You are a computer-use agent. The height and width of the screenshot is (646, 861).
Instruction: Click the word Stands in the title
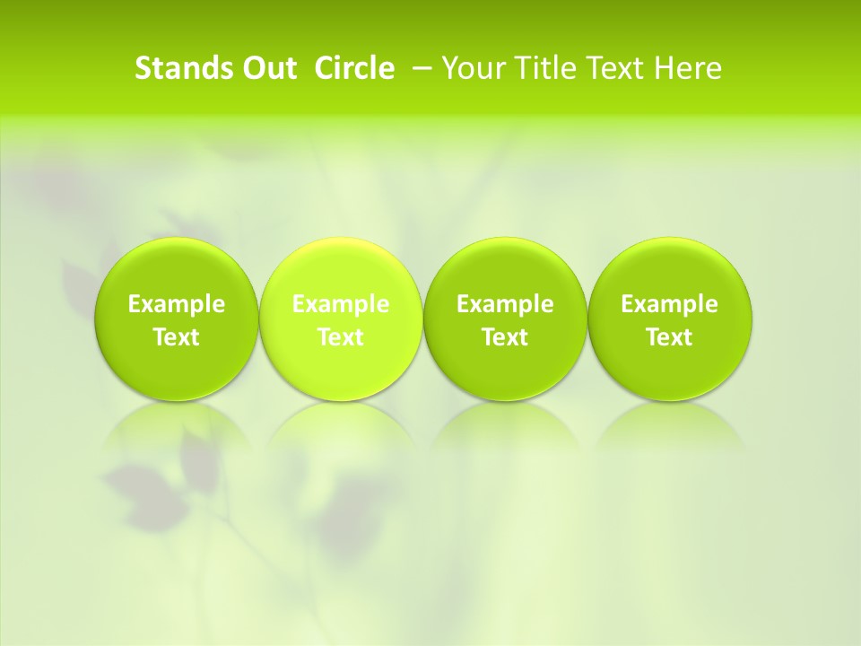coord(182,68)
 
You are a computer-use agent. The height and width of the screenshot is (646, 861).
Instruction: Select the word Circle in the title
coord(354,68)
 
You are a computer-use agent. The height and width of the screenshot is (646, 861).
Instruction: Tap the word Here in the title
coord(688,68)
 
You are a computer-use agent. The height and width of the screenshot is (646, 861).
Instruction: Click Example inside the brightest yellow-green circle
coord(341,304)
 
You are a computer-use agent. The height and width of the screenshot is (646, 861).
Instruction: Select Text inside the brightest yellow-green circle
coord(341,337)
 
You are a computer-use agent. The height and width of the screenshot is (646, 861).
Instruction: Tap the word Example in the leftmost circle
coord(177,304)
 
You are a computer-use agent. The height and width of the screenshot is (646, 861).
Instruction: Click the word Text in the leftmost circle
coord(177,337)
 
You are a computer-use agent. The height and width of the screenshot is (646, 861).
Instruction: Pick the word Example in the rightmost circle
coord(670,304)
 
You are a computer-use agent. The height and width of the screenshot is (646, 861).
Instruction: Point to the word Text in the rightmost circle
coord(670,337)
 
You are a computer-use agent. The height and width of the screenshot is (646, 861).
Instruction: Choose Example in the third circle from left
coord(506,304)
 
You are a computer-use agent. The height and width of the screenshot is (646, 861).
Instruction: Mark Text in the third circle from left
coord(506,337)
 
